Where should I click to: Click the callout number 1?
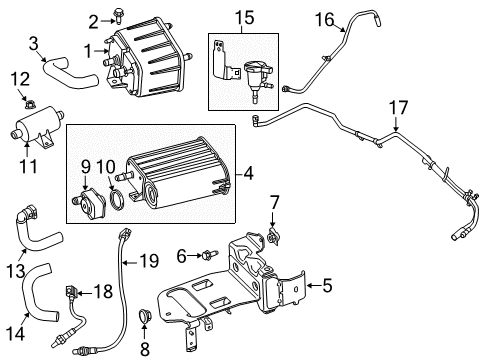(89, 49)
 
